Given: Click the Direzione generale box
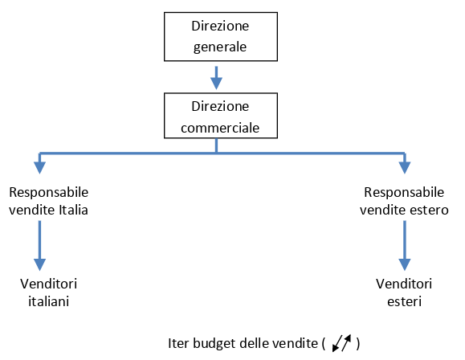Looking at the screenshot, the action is [x=221, y=36].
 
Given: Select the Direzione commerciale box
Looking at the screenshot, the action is [x=221, y=116].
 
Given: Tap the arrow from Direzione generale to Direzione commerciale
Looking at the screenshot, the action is [x=216, y=77].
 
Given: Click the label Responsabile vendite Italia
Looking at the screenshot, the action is [x=49, y=201].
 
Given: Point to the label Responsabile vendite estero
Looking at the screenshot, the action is [x=404, y=201].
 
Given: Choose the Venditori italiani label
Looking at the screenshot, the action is [x=49, y=292].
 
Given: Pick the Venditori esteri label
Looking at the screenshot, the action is [x=404, y=292].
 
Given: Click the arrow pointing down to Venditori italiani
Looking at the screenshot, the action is [x=39, y=245].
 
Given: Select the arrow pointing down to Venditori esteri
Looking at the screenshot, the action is [x=405, y=245].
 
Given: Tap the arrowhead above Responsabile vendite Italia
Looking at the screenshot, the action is [x=39, y=168].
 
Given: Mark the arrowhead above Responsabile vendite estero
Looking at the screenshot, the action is [x=405, y=168].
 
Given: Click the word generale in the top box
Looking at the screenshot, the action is [x=220, y=47].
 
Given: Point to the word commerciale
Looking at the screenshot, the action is [x=220, y=128].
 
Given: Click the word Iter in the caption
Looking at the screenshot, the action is [x=178, y=343].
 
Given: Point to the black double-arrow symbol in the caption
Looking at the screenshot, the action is [x=341, y=343].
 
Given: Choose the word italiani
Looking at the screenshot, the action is [x=49, y=301].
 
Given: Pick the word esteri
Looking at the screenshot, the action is [x=404, y=301].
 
